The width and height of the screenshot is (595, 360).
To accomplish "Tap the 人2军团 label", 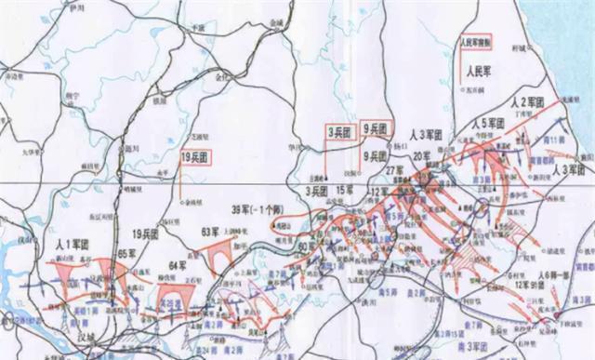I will point(534,101).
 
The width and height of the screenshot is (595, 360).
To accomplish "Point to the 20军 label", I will point(424,155).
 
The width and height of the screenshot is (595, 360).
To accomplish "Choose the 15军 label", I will point(345,192).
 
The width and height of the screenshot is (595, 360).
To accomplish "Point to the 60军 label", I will point(306,246).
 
